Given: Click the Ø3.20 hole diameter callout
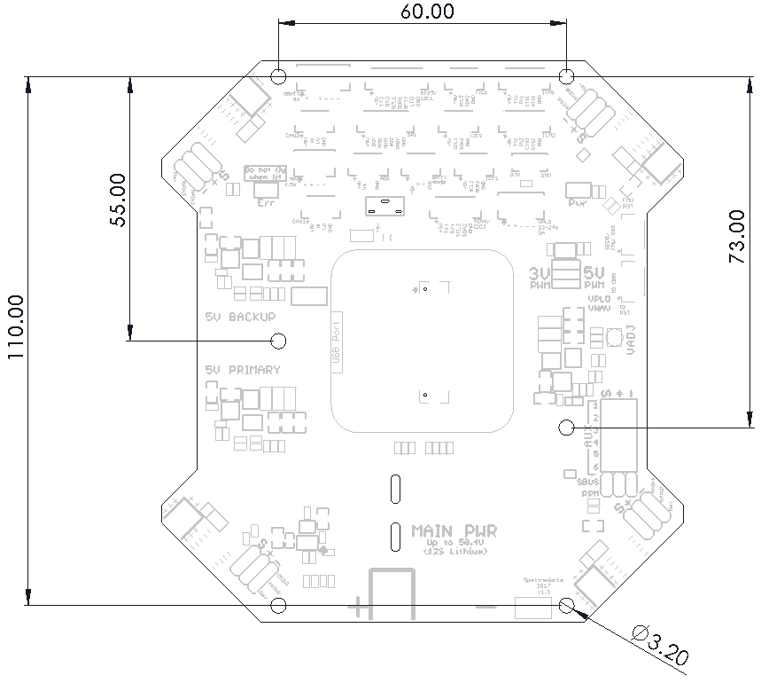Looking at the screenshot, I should (660, 644).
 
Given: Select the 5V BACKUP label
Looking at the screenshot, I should (240, 317).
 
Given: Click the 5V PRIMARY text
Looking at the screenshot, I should (242, 370).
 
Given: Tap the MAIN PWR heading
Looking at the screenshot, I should (454, 530).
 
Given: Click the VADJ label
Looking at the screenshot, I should (631, 340).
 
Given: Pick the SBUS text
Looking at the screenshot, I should (588, 481).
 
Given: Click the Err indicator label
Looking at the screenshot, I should (265, 203).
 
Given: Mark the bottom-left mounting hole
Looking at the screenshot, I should (278, 606).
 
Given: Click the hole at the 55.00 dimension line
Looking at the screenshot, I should (278, 340).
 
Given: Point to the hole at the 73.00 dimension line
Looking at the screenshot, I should (567, 427).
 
